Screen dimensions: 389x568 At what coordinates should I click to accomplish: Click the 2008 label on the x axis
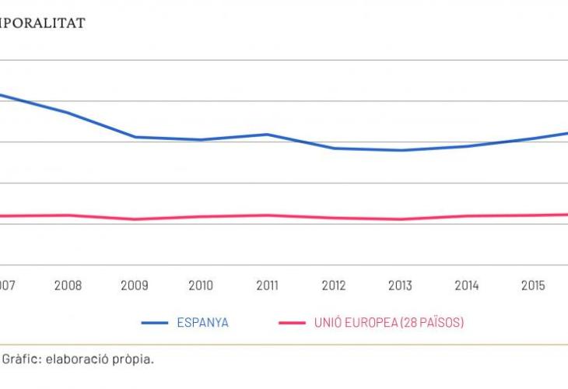click(x=68, y=286)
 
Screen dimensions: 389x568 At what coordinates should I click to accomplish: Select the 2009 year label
click(x=135, y=286)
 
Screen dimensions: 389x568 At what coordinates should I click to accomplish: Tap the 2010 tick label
click(x=201, y=286)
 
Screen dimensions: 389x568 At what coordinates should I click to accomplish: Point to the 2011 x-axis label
click(x=267, y=286)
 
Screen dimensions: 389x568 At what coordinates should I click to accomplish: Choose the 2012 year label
click(x=334, y=286)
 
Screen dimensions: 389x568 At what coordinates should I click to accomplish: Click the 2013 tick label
click(x=400, y=286)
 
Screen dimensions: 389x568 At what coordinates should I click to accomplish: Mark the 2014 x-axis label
click(x=467, y=286)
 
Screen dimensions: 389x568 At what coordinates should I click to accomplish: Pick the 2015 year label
click(x=533, y=286)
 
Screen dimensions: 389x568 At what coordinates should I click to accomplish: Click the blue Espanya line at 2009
click(x=135, y=137)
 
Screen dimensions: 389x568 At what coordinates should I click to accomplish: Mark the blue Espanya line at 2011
click(x=267, y=135)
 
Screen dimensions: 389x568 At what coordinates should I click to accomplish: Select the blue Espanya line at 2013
click(x=400, y=150)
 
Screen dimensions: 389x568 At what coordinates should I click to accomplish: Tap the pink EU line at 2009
click(x=135, y=219)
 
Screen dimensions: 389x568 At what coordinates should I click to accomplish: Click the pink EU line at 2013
click(x=400, y=219)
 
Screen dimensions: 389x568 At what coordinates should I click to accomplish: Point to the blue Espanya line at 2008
click(x=68, y=112)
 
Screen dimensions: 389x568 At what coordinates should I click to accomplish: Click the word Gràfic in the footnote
click(x=22, y=359)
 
